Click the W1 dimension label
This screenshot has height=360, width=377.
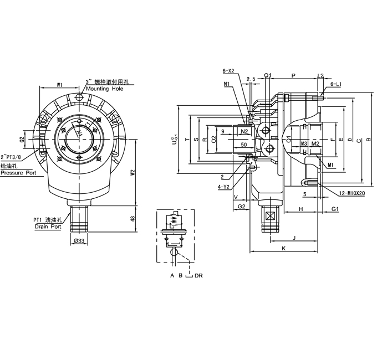59,85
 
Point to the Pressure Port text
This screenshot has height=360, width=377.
18,173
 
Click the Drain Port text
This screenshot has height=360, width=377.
47,227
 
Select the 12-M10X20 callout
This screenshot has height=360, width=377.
351,193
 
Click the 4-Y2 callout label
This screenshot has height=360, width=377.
224,187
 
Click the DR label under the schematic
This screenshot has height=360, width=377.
198,275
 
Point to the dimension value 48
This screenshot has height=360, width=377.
132,219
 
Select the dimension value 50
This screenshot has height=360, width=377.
243,145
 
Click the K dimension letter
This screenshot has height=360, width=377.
283,249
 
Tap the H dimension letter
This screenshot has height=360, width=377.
300,209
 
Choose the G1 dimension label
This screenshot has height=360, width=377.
335,209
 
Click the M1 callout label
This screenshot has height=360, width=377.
330,165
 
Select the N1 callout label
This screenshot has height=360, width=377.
227,84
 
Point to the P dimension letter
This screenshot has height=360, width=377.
293,75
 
